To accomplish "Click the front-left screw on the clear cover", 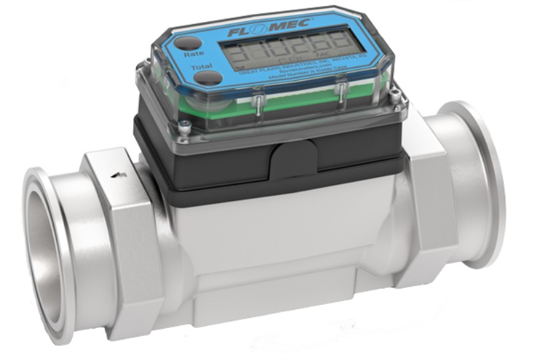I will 184,125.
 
